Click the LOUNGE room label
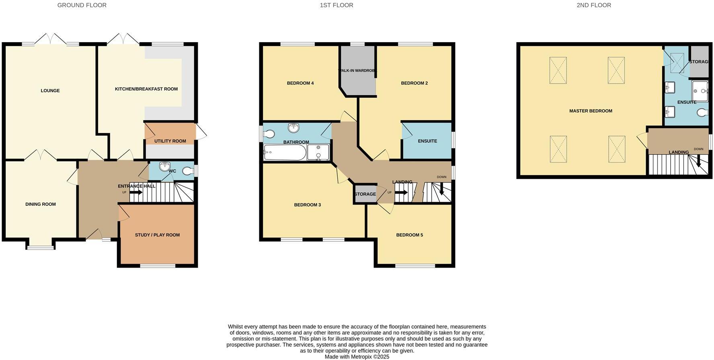[50, 91]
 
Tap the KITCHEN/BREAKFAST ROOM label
[146, 89]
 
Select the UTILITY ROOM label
[170, 141]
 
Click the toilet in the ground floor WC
[187, 172]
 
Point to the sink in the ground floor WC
[164, 166]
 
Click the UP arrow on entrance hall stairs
[136, 192]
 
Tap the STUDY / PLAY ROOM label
[157, 235]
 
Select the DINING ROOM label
[41, 205]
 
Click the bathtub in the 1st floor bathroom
[285, 153]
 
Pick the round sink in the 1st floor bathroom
[294, 128]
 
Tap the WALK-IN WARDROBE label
[358, 71]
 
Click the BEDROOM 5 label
[409, 235]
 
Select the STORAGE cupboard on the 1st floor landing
[365, 194]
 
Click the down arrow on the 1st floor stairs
[441, 189]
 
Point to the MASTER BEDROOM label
[591, 111]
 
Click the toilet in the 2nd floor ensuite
[703, 112]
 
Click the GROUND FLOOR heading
[82, 5]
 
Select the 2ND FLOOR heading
[594, 5]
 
